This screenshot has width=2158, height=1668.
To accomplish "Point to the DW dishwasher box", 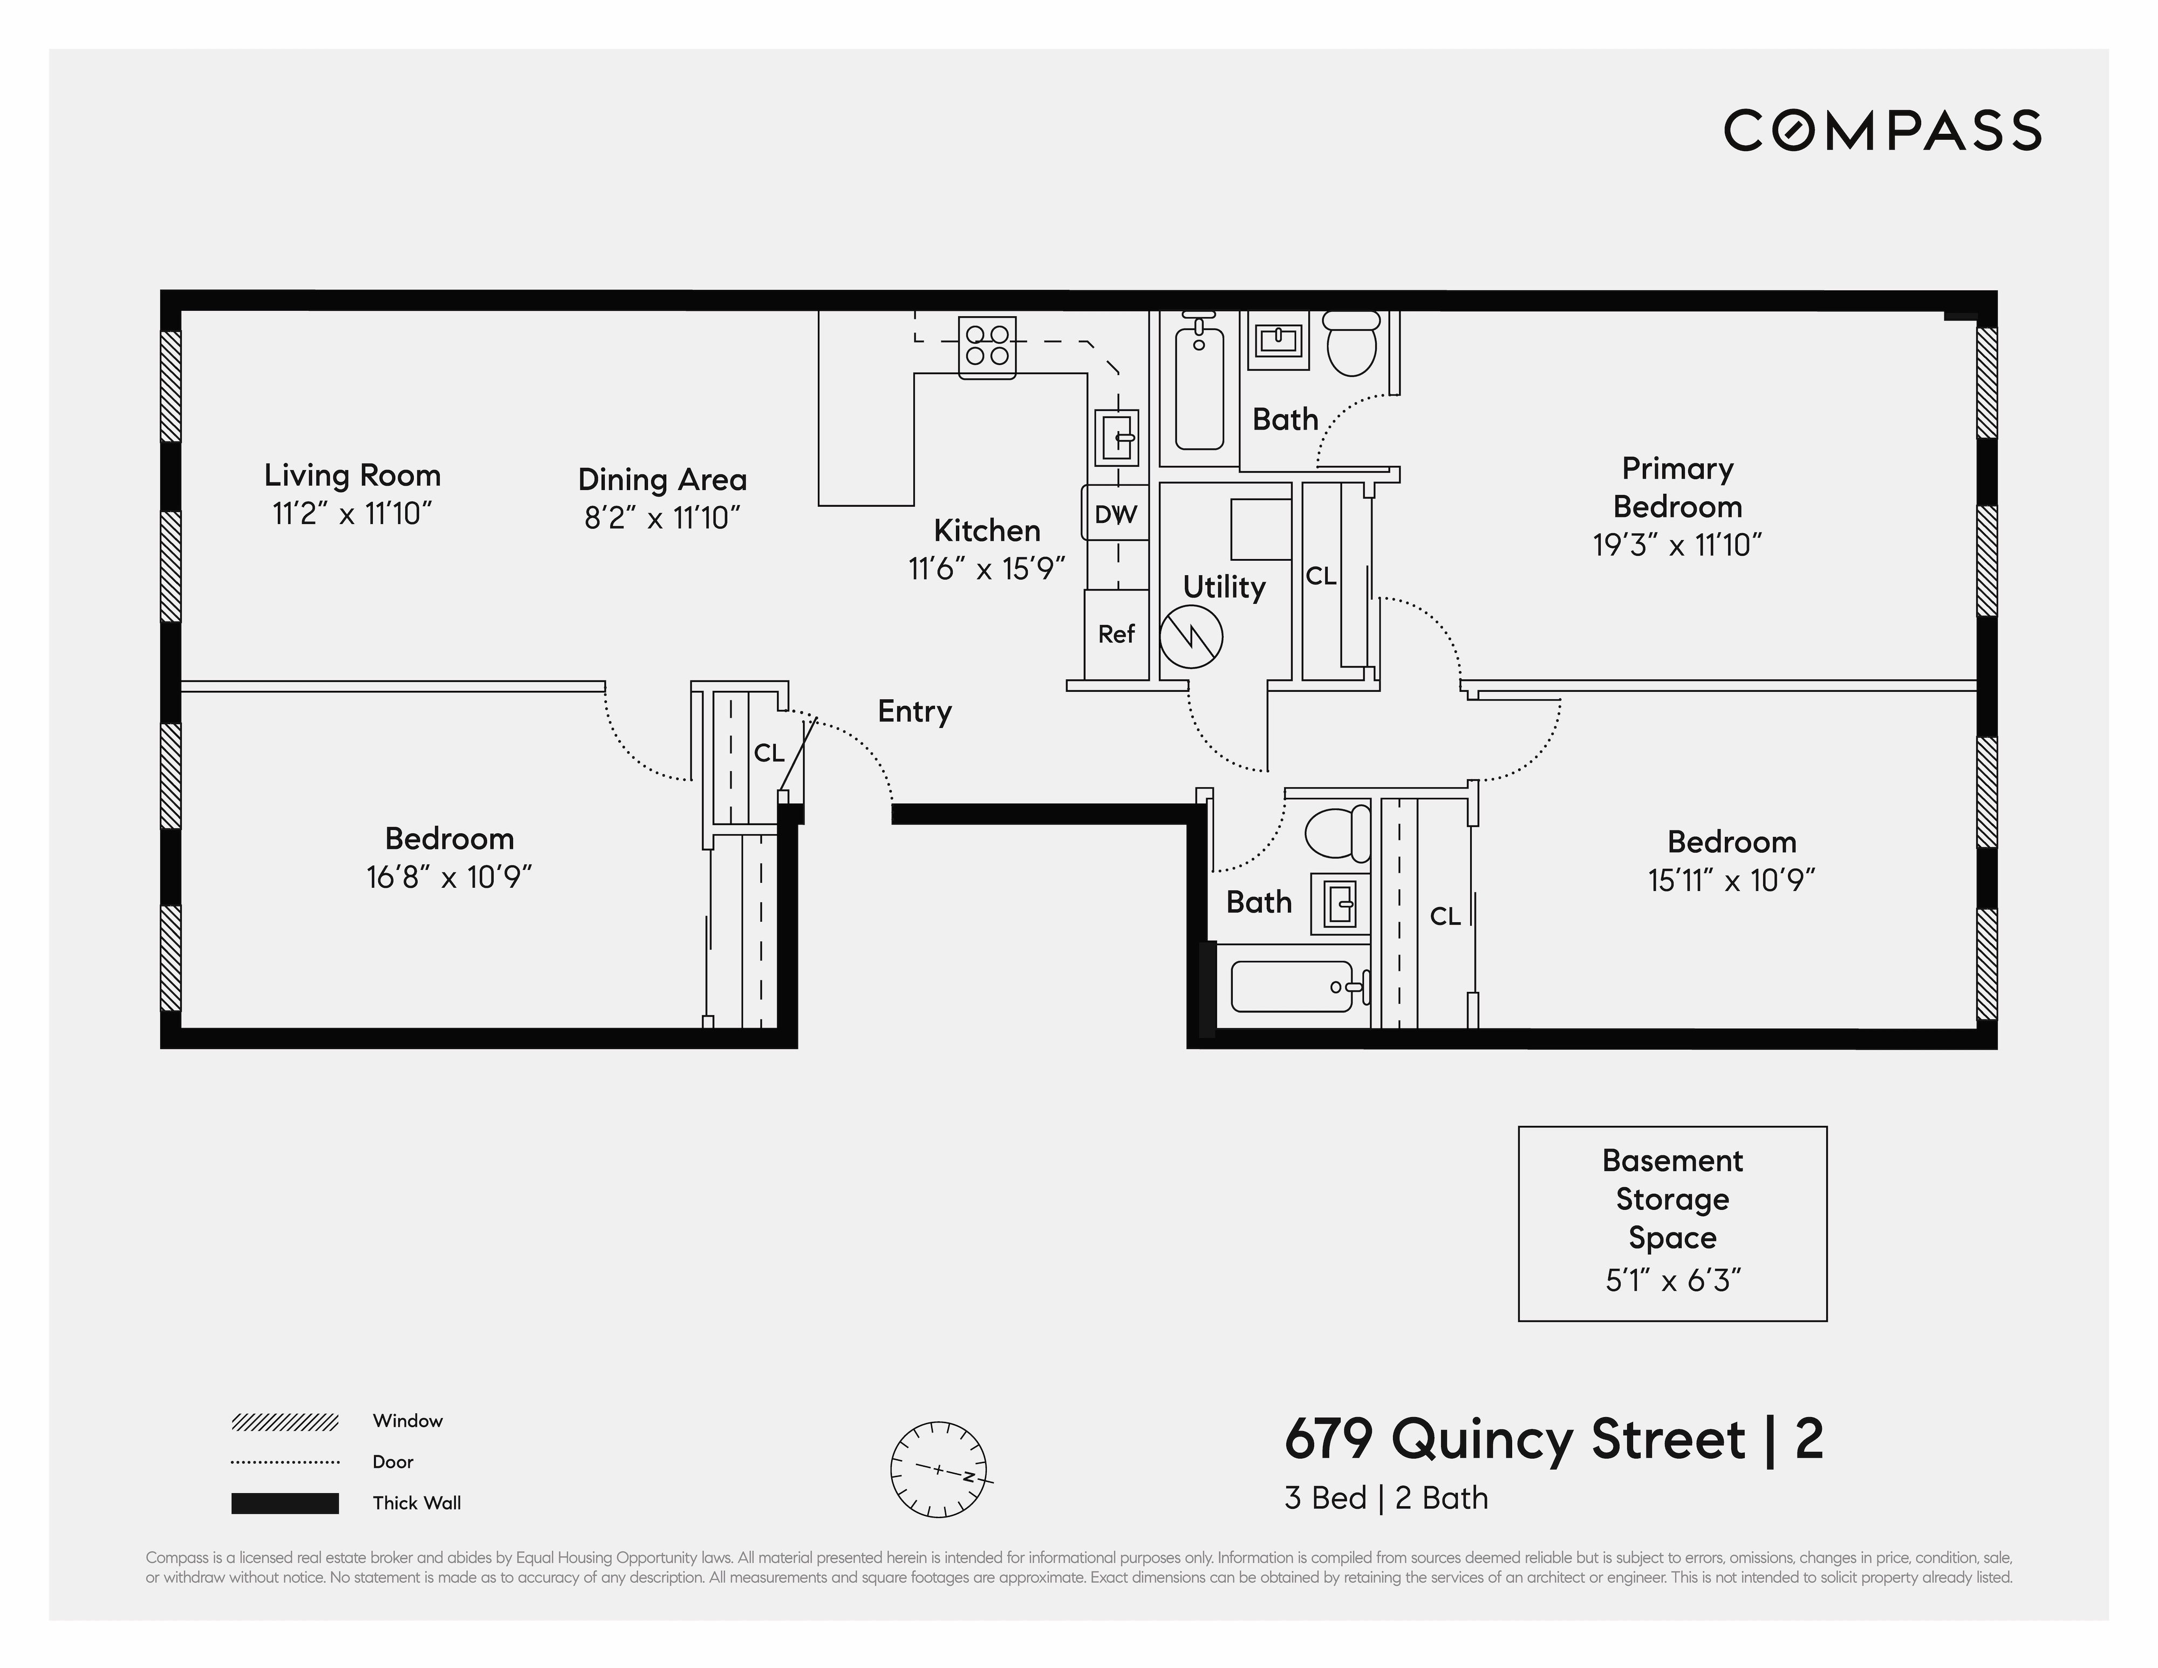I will pos(1116,513).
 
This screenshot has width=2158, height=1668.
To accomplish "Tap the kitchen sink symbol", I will pos(1117,437).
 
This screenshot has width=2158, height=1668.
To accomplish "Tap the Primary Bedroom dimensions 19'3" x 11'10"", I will pos(1677,544).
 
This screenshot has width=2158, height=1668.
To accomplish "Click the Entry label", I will pos(914,711).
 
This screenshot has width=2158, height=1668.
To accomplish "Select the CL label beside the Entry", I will pos(769,753).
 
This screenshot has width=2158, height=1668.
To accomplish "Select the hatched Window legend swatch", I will pos(284,1422).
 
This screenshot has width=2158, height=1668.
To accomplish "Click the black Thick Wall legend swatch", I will pos(284,1503).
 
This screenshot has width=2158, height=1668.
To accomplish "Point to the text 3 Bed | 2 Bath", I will pos(1385,1498).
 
